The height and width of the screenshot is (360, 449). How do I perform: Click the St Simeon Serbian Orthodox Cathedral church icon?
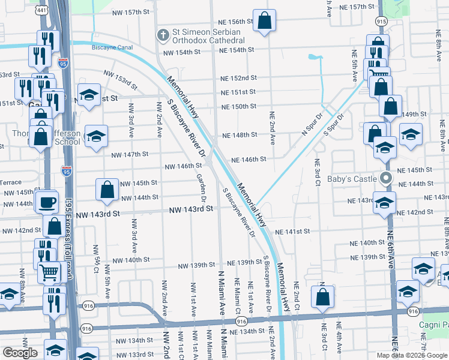pos(161,35)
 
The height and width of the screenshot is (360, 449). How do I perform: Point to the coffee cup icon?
pos(47,203)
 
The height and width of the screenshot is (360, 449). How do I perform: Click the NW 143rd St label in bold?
pos(191,209)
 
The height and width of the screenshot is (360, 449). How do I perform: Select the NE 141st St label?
pos(292,231)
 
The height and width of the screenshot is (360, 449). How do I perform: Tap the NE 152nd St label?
pos(238,78)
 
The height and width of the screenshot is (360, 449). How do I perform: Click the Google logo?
pos(20,352)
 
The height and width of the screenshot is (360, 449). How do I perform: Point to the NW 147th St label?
pos(130,154)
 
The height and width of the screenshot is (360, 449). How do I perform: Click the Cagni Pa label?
pos(433,325)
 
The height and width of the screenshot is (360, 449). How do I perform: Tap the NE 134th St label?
pos(247,331)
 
